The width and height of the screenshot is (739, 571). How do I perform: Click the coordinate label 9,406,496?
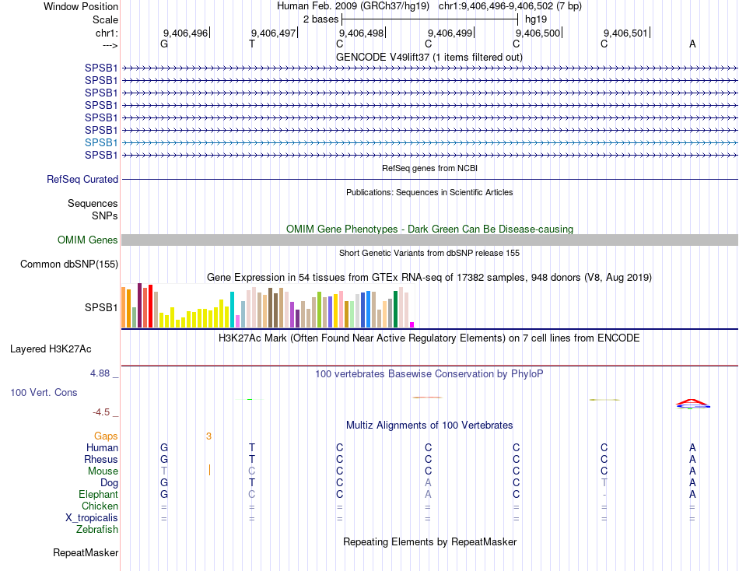point(185,33)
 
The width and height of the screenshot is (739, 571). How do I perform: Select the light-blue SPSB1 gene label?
point(101,142)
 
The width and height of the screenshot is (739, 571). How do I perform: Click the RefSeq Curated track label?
point(82,180)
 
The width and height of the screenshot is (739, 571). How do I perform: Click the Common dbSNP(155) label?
point(68,264)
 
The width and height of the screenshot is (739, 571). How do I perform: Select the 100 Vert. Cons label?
point(44,393)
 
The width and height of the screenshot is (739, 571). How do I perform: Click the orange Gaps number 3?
point(208,436)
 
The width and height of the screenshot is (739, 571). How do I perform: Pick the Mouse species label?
point(103,471)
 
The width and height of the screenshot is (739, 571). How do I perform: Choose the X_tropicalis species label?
point(92,518)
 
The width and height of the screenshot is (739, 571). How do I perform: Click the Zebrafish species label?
point(97,530)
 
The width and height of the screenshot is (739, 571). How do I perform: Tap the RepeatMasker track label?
point(86,553)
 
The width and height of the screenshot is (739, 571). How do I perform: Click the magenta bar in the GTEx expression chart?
point(412,324)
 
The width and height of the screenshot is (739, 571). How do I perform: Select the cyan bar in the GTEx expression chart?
point(232,310)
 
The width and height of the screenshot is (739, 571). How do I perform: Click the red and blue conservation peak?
point(692,402)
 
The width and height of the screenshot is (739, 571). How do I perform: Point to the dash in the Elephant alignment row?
point(604,495)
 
